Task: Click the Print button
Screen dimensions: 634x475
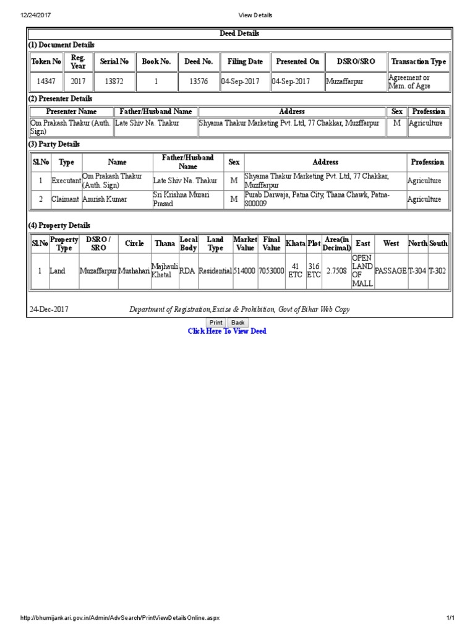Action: [x=216, y=323]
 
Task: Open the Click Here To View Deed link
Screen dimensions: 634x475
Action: [x=227, y=331]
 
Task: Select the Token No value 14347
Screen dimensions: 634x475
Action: [x=46, y=81]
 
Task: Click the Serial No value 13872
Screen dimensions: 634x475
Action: [x=114, y=81]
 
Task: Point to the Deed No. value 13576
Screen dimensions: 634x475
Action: [x=199, y=81]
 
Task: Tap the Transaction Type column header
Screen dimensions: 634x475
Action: [x=418, y=61]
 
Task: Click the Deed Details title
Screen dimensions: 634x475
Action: [x=239, y=33]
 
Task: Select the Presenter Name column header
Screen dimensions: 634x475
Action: [x=72, y=111]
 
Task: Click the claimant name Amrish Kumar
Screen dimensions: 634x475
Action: [x=105, y=199]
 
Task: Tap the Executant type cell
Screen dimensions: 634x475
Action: [x=66, y=181]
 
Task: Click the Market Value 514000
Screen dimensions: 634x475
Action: [x=245, y=271]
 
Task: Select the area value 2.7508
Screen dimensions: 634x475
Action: [x=336, y=271]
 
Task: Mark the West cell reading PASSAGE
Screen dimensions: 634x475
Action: [x=391, y=271]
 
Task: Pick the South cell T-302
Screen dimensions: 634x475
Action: [x=438, y=271]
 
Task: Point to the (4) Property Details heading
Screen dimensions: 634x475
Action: [x=59, y=225]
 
